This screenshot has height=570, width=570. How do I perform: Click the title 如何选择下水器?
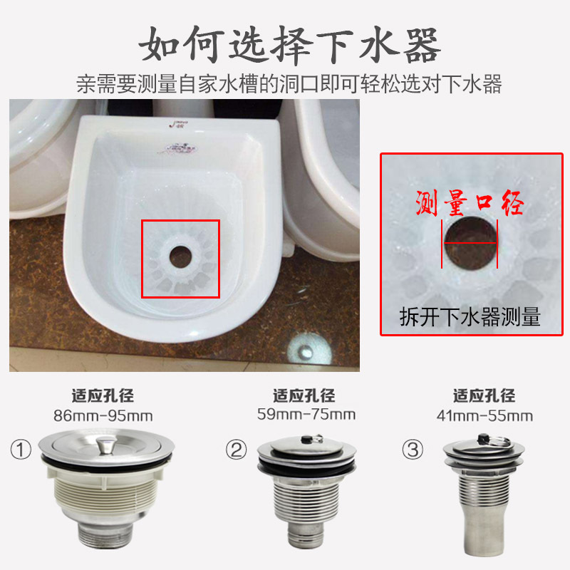[x=290, y=46]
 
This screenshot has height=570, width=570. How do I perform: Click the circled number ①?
[x=21, y=450]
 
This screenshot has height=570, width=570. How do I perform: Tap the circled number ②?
[x=237, y=450]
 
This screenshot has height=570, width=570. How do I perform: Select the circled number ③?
[x=413, y=450]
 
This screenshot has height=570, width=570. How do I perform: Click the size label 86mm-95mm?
[x=103, y=416]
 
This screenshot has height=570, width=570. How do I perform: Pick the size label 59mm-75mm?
[x=306, y=415]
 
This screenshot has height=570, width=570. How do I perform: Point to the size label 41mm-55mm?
[x=484, y=416]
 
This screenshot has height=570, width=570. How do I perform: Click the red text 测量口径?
[x=470, y=203]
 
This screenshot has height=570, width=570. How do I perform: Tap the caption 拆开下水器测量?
[x=470, y=316]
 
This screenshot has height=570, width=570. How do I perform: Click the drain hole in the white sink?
[x=181, y=256]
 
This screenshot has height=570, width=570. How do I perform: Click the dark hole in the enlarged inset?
[x=470, y=243]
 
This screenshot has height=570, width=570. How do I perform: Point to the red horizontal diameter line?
[x=470, y=243]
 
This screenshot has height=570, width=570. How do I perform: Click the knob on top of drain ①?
[x=106, y=446]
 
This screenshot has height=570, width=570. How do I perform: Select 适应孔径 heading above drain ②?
[x=304, y=395]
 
